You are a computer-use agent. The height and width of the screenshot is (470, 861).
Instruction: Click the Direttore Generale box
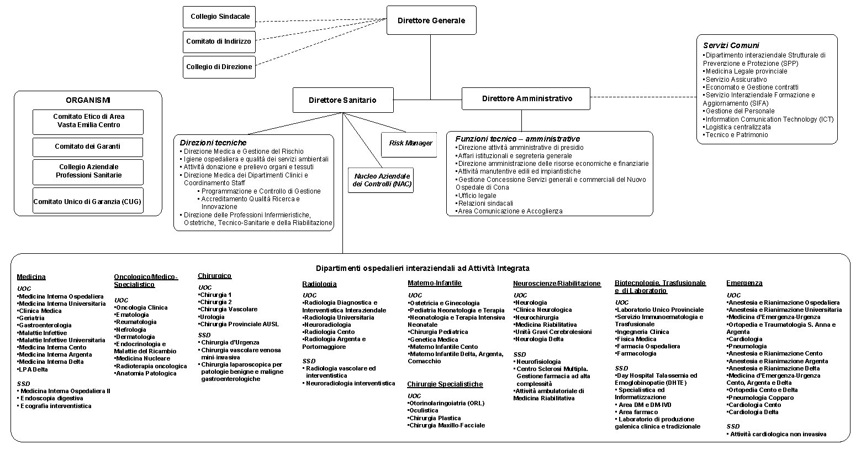(x=431, y=20)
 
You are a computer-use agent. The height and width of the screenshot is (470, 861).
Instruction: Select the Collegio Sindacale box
(x=219, y=17)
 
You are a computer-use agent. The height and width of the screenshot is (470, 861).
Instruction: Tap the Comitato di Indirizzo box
(x=219, y=41)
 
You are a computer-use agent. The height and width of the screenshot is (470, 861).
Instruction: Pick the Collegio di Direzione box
(x=219, y=67)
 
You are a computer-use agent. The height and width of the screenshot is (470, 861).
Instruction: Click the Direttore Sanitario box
(x=342, y=100)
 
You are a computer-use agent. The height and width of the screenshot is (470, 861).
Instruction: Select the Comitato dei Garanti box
(x=87, y=147)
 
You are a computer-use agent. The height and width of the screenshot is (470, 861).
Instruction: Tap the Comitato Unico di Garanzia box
(x=87, y=201)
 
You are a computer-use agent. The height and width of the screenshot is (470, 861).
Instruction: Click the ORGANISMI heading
(x=88, y=100)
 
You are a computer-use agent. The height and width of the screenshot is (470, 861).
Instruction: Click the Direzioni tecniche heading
(x=213, y=143)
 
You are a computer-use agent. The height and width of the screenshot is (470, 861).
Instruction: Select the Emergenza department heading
(x=744, y=283)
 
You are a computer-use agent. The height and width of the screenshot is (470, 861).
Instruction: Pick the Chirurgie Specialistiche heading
(x=445, y=384)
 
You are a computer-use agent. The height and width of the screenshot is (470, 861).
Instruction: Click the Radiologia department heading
(x=319, y=284)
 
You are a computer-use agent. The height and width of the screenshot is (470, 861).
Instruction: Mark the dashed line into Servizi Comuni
(x=643, y=98)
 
